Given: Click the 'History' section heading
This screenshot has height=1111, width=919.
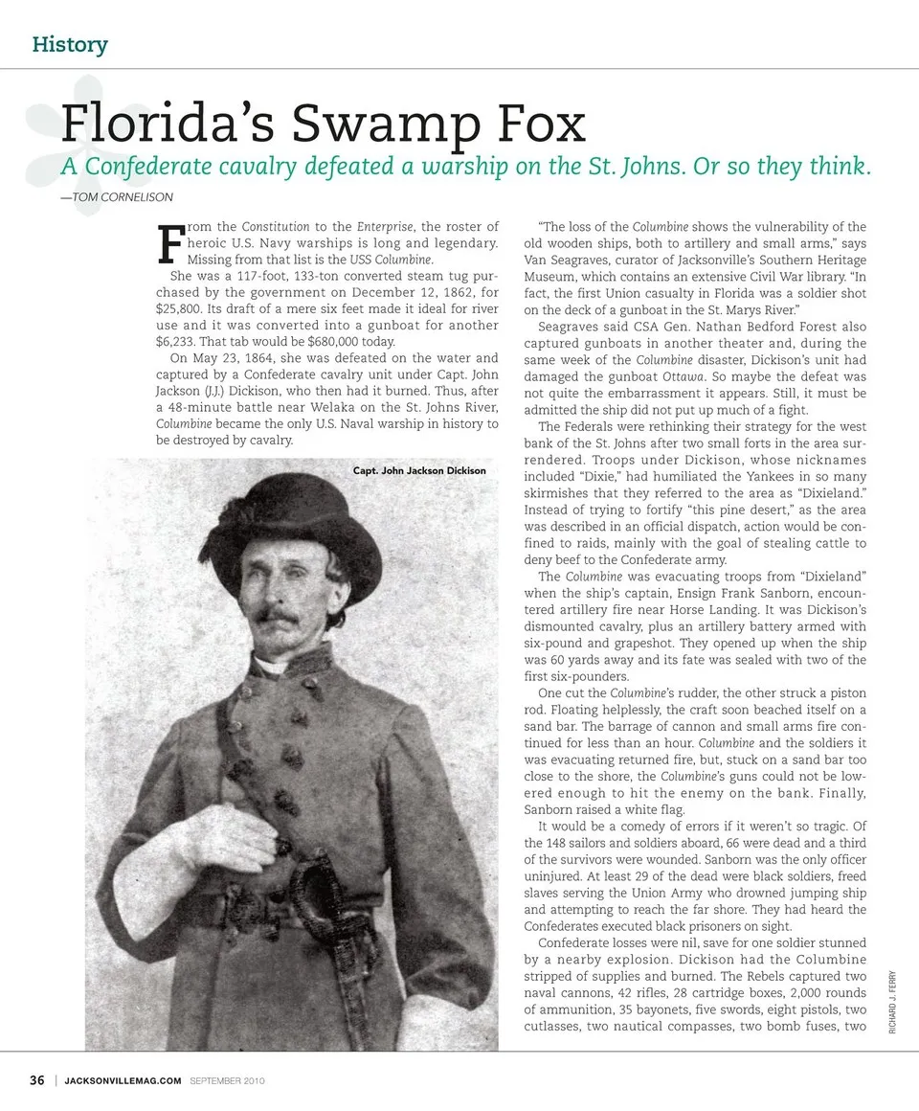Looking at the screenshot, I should (70, 44).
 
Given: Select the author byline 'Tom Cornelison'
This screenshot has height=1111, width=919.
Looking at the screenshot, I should (118, 197).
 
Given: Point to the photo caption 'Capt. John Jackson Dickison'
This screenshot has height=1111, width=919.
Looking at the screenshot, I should (426, 471).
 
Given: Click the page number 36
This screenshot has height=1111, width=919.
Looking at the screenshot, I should (37, 1080).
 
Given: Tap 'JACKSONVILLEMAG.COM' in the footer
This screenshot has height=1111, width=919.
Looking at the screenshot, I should (123, 1081).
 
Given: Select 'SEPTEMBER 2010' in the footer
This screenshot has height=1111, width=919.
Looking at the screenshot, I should (227, 1081).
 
